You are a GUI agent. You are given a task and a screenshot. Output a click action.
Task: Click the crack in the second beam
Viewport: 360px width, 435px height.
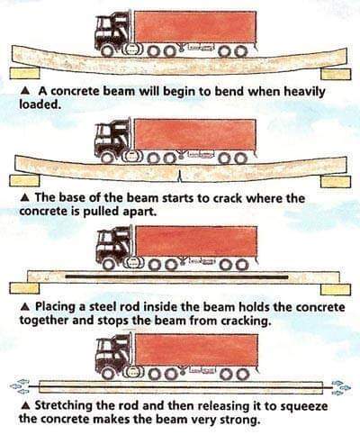tap(180, 177)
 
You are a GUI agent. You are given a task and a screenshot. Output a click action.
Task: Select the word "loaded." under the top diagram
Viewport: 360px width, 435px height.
tap(38, 104)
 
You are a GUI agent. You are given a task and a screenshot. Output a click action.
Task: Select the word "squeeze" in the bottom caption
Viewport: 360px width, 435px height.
tap(303, 406)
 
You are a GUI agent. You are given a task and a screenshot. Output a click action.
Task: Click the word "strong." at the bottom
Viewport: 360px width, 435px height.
tap(239, 420)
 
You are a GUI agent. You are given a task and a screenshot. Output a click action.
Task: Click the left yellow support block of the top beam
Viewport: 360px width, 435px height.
tap(24, 73)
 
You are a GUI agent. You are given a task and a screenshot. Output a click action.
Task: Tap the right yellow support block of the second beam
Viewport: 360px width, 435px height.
tap(336, 181)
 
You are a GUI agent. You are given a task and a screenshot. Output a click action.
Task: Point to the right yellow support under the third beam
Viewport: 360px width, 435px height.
tap(336, 289)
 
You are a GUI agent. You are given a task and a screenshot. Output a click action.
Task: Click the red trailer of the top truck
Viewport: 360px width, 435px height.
tap(195, 27)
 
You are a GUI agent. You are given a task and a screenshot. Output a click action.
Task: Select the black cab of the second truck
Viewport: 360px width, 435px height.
tap(112, 138)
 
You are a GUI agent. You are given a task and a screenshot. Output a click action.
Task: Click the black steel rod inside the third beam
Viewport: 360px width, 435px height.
tap(176, 276)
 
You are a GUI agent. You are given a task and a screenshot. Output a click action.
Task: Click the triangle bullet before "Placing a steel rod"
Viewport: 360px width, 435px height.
tap(26, 306)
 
